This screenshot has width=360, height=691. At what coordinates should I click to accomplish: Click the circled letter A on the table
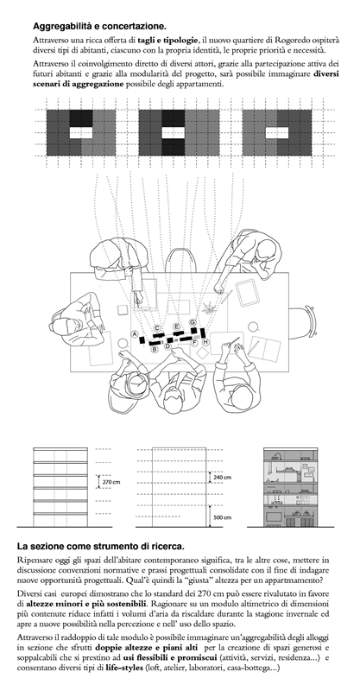click(x=135, y=334)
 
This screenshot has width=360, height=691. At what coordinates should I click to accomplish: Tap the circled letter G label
click(x=193, y=322)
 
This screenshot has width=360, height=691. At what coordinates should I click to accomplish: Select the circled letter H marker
click(x=205, y=342)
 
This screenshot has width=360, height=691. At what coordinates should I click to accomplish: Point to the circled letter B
click(x=155, y=350)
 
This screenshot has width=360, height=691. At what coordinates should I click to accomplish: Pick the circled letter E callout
click(x=177, y=326)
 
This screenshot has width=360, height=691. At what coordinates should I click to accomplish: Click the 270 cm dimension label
click(x=111, y=482)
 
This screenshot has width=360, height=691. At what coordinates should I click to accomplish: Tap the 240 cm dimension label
click(x=223, y=478)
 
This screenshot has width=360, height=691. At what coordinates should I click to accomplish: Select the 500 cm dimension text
click(x=223, y=517)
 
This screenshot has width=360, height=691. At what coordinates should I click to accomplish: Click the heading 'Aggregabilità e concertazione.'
click(x=99, y=27)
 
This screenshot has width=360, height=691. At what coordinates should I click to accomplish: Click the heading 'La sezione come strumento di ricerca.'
click(x=101, y=547)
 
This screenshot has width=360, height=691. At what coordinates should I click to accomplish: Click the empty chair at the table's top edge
click(x=180, y=260)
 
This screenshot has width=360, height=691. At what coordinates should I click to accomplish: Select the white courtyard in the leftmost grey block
click(x=81, y=133)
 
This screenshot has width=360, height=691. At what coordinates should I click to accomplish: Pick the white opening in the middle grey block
click(x=174, y=133)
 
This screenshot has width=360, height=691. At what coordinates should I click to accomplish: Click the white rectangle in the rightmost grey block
click(x=277, y=133)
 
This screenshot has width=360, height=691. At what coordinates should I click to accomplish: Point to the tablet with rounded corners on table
click(x=248, y=292)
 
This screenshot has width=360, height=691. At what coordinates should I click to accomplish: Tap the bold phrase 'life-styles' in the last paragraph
click(x=124, y=668)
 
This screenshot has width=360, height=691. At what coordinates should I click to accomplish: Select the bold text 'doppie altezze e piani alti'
click(x=146, y=648)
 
